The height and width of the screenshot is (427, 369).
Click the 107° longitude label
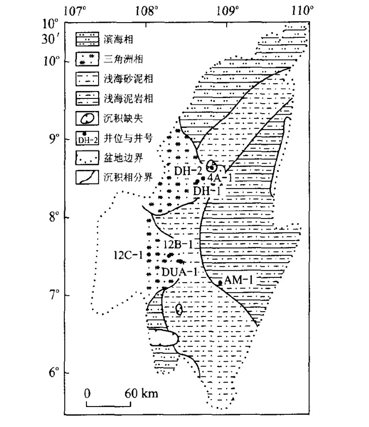point(75,11)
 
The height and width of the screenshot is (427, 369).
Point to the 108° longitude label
point(147,11)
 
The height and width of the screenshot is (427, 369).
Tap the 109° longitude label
point(227,11)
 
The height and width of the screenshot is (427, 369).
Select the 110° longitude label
point(302,11)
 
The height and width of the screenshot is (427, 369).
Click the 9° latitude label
point(53,139)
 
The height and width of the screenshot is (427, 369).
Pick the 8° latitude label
point(54,217)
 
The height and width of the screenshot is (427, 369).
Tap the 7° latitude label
point(54,295)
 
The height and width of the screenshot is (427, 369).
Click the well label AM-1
point(238,280)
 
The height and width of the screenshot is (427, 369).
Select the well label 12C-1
point(128,255)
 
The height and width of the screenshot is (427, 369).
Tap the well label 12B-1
point(178,244)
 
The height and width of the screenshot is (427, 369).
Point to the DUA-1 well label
point(179,272)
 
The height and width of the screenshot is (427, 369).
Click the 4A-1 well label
point(220,178)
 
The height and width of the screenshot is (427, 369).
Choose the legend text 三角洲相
point(123,59)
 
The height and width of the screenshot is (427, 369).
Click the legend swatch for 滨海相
point(88,39)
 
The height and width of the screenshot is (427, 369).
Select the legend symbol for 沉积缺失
point(88,118)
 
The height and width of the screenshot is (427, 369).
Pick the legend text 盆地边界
point(123,158)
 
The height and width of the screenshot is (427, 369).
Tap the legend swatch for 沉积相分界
point(88,177)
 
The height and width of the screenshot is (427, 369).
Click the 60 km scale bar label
point(141,393)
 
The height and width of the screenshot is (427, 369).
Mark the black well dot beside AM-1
point(220,283)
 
